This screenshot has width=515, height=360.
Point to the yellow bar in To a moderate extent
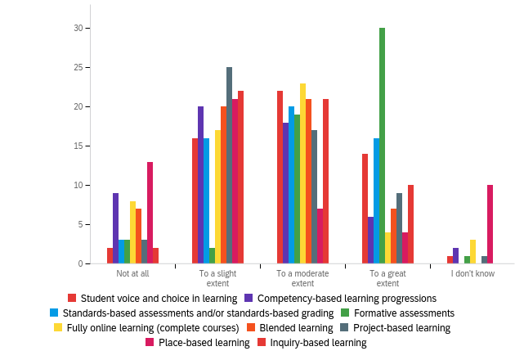(x=302, y=173)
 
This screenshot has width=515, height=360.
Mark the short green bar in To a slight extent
(x=212, y=255)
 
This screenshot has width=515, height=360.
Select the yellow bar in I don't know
(x=472, y=252)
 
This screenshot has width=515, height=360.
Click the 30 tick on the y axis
(x=79, y=29)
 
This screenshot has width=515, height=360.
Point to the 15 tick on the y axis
(x=79, y=146)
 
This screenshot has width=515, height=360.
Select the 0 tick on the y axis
(x=81, y=263)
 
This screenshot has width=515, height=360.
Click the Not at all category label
(x=132, y=273)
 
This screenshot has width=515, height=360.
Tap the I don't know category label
(x=472, y=273)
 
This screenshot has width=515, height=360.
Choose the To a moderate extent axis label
(x=302, y=278)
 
